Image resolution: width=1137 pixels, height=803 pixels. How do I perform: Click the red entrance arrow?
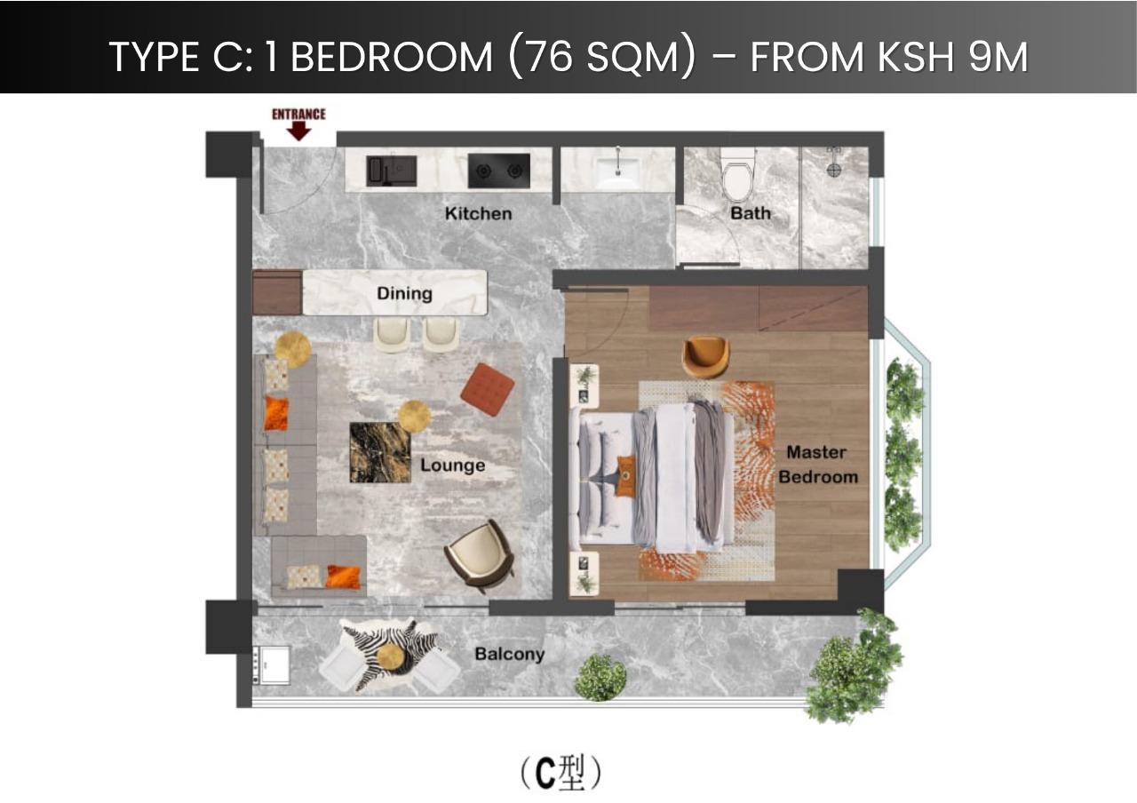tap(299, 131)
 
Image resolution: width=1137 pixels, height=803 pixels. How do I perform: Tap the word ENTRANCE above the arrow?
tap(298, 114)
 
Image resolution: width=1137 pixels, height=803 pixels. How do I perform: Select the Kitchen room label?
tap(478, 213)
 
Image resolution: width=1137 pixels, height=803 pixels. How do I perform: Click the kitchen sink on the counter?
tap(391, 170)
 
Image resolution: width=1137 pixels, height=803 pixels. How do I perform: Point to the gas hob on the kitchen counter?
tap(498, 170)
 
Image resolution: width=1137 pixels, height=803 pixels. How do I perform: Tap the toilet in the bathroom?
tap(738, 174)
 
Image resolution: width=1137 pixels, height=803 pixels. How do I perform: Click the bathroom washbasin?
tap(617, 169)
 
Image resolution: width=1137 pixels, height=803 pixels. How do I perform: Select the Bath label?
tap(751, 213)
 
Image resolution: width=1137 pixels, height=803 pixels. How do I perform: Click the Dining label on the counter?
tap(404, 293)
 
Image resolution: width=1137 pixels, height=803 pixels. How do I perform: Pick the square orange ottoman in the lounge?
tap(488, 389)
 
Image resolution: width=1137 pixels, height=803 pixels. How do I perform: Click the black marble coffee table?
tap(380, 452)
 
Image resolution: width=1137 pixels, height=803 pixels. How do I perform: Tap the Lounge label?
tap(452, 465)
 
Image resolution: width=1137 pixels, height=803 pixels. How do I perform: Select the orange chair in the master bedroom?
tap(706, 356)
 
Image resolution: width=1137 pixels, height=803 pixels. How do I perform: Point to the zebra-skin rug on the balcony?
tap(388, 656)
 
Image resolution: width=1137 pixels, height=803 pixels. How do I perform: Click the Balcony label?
tap(509, 655)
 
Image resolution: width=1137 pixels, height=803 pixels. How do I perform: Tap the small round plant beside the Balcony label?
tap(600, 678)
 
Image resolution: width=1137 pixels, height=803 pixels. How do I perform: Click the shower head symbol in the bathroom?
tap(833, 161)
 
